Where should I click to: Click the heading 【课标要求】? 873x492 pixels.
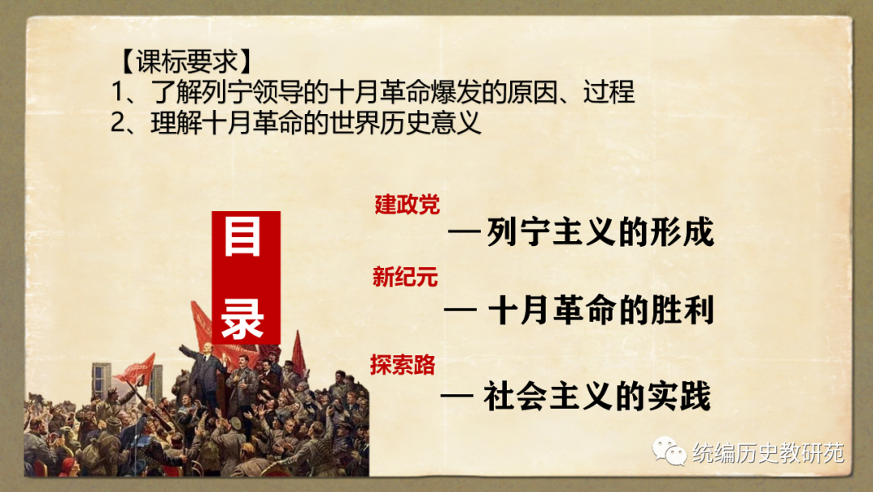185,61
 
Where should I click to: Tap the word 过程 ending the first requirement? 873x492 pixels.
609,92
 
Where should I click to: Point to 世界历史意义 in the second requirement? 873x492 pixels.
404,122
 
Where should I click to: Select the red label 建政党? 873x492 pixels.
407,205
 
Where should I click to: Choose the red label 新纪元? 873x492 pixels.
405,277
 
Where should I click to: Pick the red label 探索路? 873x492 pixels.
403,365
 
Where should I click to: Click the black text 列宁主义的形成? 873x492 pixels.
600,231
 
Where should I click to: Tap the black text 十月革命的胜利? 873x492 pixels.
601,311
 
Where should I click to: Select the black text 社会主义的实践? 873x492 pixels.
597,397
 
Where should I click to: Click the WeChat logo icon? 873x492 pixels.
669,451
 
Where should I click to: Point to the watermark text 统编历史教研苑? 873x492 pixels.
769,453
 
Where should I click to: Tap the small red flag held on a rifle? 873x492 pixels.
138,369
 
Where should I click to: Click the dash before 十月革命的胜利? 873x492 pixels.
461,308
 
